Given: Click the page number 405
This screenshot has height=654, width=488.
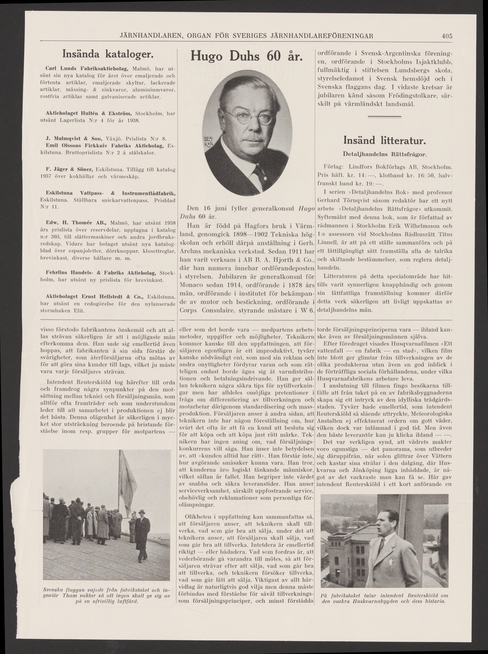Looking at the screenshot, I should tap(447, 37).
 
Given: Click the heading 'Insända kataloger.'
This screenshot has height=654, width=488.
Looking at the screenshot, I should tap(109, 54).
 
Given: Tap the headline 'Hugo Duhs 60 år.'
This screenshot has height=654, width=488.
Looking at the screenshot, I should tap(247, 57).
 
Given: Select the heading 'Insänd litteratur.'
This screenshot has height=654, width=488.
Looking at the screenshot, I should tap(388, 140).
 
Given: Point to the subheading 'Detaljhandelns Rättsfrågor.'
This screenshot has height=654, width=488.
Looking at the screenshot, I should tap(388, 153).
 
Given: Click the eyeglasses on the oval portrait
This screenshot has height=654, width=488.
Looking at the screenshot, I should tap(248, 116).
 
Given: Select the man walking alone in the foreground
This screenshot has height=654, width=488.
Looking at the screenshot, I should tap(142, 535).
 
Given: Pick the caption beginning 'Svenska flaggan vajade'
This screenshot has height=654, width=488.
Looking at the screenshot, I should tap(106, 596).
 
